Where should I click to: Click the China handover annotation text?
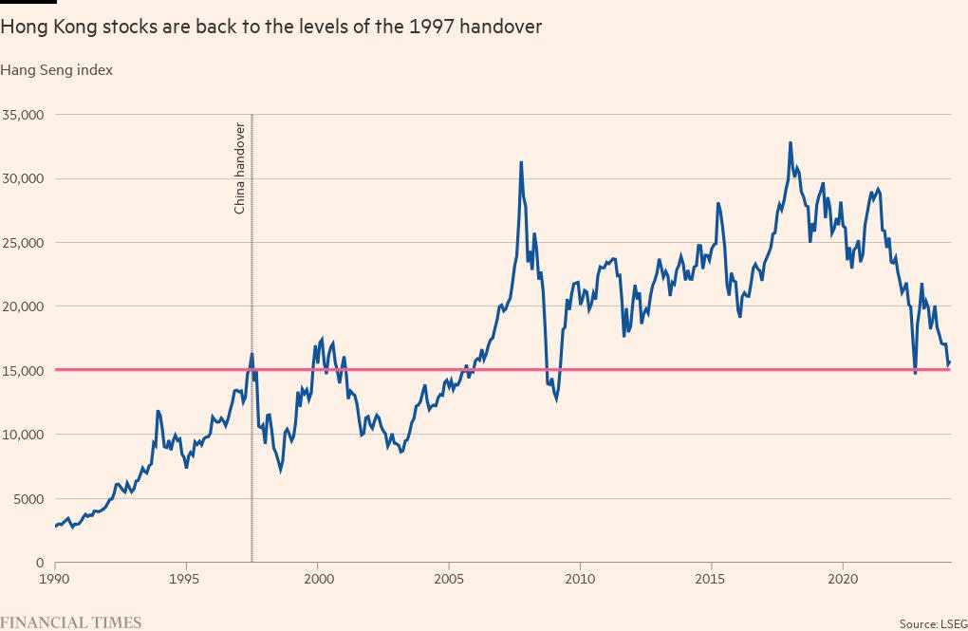point(240,168)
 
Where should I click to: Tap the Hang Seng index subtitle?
point(57,70)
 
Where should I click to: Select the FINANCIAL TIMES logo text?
point(71,622)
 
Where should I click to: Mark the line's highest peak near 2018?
point(790,143)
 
